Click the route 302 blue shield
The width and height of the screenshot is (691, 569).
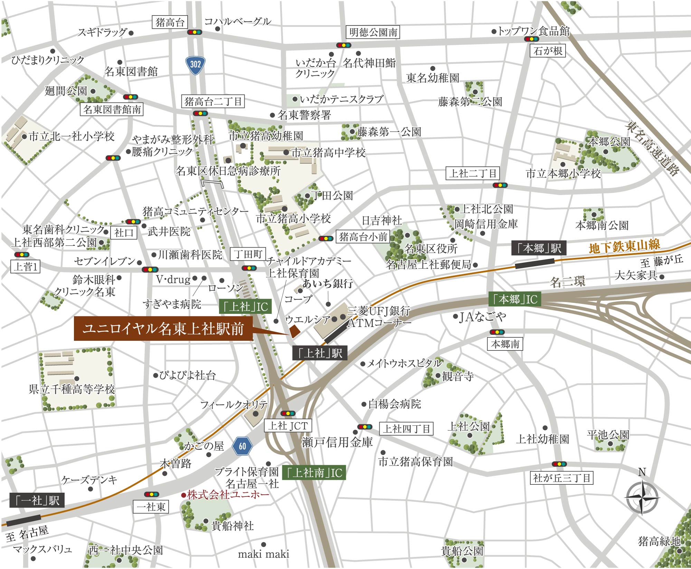(x=195, y=65)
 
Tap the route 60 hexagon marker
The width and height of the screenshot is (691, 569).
(x=242, y=446)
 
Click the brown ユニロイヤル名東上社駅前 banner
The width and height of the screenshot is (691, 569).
(x=163, y=329)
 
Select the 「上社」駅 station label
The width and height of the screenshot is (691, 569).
(x=320, y=353)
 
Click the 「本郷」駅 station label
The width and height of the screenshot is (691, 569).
(x=539, y=248)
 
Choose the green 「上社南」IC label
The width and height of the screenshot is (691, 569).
(x=314, y=473)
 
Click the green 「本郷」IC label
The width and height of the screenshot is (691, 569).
(x=515, y=299)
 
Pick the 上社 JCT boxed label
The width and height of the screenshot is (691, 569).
(x=288, y=426)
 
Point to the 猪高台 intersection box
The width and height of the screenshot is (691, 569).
(x=170, y=23)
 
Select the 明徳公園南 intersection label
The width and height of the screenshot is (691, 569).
(x=373, y=32)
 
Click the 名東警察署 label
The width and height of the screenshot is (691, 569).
(x=304, y=115)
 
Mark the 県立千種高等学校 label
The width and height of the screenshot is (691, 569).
(x=72, y=389)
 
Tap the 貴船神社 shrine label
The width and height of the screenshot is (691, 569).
(x=232, y=526)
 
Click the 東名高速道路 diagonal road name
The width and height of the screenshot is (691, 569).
(x=652, y=148)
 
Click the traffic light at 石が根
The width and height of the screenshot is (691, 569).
(x=531, y=39)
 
